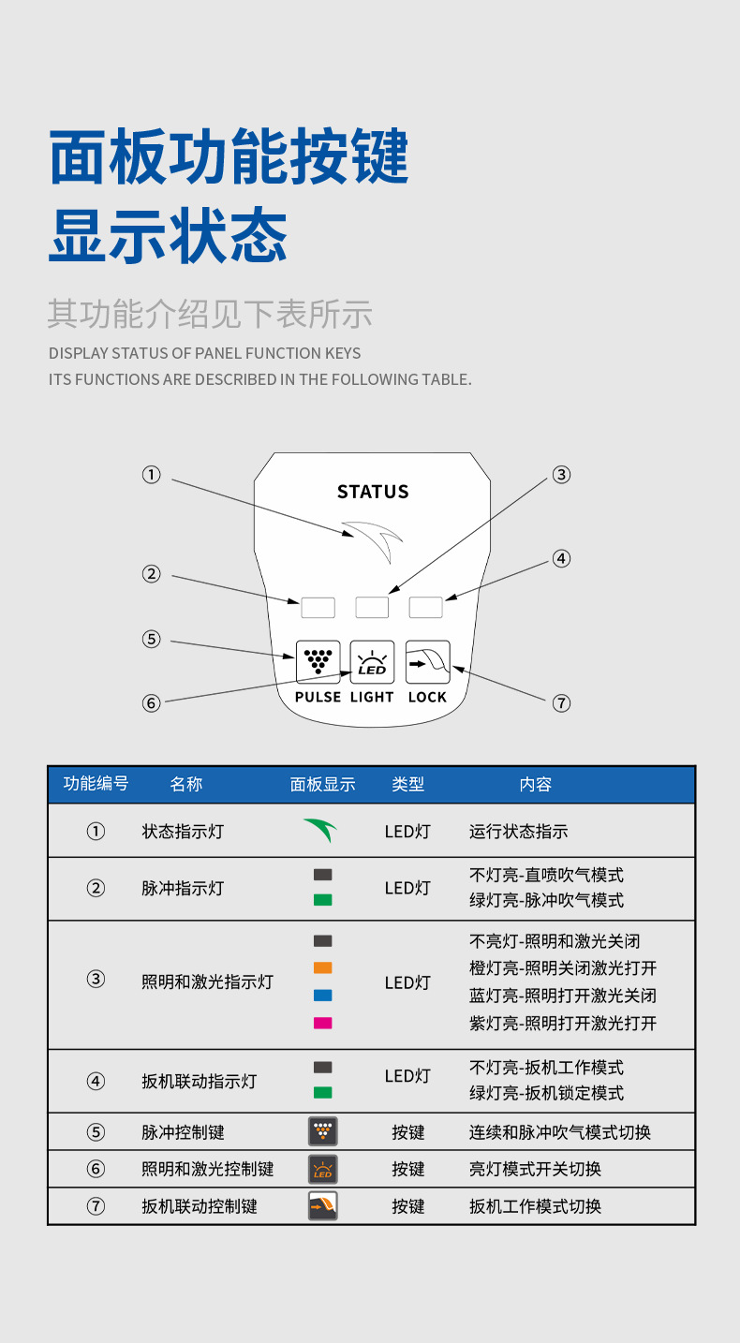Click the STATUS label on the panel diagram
point(373,492)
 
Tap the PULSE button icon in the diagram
point(318,661)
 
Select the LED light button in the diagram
point(372,661)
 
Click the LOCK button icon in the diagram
point(428,661)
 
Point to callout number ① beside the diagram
point(151,475)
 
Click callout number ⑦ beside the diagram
point(561,702)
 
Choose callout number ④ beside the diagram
point(561,559)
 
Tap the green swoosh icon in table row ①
point(320,830)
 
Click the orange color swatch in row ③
point(323,967)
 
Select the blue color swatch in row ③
point(323,995)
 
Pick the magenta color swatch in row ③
point(323,1023)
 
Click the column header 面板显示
point(323,785)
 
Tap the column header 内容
point(536,785)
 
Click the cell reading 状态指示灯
point(183,832)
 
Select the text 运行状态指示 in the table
point(518,832)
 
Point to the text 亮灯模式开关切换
point(535,1169)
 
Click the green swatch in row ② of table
point(323,900)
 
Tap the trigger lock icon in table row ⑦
point(323,1205)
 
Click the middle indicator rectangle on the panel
point(372,607)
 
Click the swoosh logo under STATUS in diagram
point(373,539)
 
